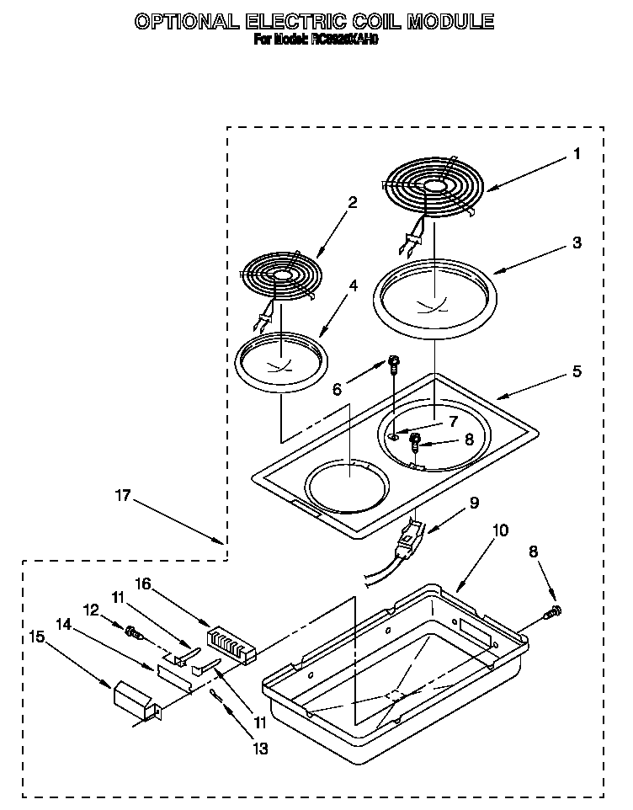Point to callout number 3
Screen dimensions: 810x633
pyautogui.click(x=576, y=242)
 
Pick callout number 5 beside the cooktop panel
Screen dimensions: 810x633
pyautogui.click(x=577, y=371)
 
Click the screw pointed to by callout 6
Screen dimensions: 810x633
pyautogui.click(x=393, y=364)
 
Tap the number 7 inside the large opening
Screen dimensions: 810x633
pyautogui.click(x=453, y=421)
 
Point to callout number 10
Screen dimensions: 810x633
pyautogui.click(x=499, y=530)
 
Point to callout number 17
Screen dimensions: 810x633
pyautogui.click(x=124, y=496)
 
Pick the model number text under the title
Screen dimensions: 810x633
pyautogui.click(x=316, y=39)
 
